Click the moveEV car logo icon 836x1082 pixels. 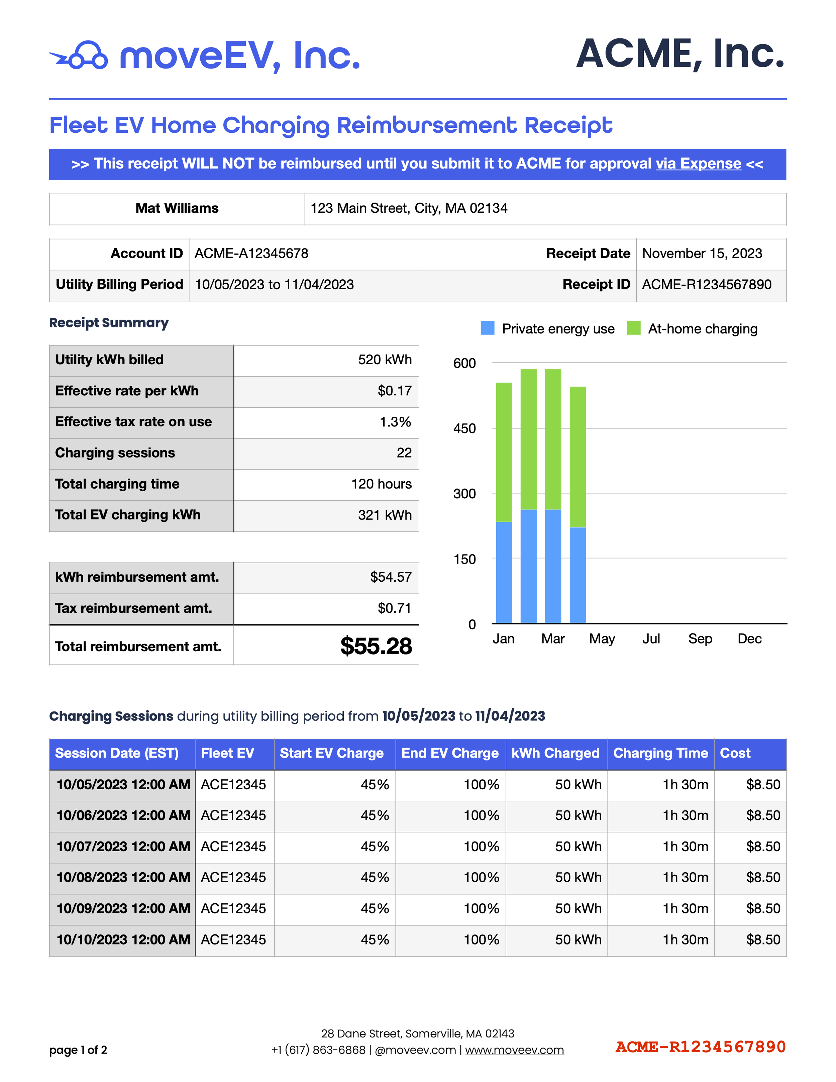[79, 56]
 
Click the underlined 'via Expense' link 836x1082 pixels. [698, 164]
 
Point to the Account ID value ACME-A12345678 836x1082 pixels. [251, 254]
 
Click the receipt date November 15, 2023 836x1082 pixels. [702, 254]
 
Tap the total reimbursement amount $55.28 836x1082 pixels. [376, 646]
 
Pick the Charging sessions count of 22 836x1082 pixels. [404, 453]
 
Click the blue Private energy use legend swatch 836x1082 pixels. [487, 328]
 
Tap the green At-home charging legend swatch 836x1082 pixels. [633, 328]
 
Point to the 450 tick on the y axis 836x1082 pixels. [464, 428]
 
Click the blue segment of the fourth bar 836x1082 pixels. [578, 575]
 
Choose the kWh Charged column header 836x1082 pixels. [555, 754]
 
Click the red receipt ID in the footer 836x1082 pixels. [700, 1047]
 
